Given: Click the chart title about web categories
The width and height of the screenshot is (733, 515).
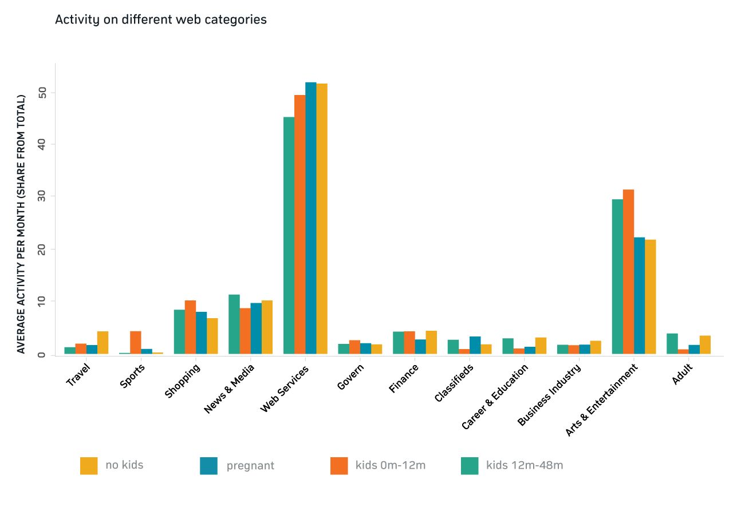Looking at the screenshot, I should click(x=160, y=20).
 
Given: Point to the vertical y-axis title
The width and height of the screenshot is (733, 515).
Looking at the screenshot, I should click(x=21, y=224).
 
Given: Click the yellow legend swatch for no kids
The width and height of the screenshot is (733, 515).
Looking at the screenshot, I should click(x=89, y=466).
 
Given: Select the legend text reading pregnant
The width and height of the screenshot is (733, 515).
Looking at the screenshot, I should click(x=250, y=466).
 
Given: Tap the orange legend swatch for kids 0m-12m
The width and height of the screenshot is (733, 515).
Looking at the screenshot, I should click(x=339, y=466).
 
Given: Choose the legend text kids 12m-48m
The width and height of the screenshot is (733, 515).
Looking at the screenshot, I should click(x=525, y=465).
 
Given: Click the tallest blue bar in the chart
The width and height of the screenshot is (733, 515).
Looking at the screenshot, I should click(x=311, y=218).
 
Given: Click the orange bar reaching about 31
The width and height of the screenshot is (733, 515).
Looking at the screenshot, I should click(x=628, y=272).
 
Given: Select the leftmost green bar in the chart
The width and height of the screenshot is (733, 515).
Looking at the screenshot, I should click(x=69, y=351).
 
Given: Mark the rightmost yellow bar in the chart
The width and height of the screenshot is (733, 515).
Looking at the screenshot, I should click(x=705, y=345).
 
